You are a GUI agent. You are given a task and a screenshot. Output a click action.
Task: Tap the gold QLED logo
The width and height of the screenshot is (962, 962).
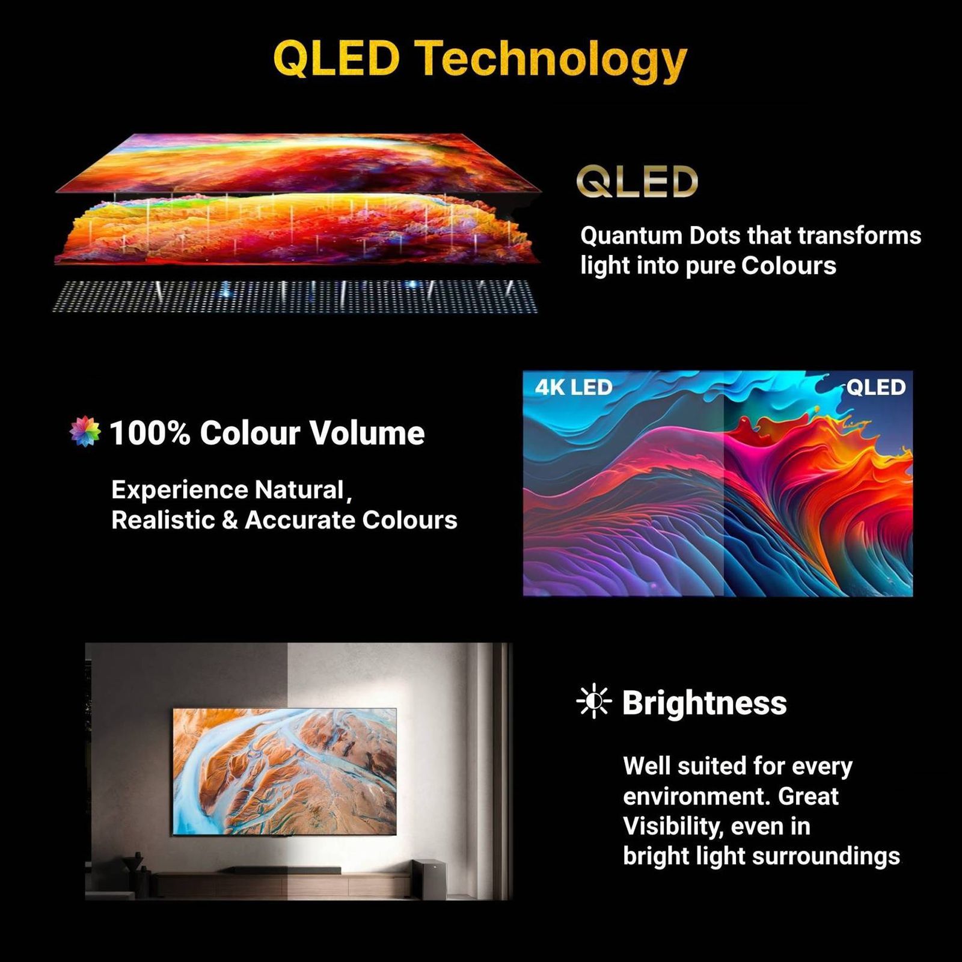pos(637,182)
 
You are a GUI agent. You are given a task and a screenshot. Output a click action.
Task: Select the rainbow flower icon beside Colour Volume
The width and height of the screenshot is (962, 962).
pos(85,431)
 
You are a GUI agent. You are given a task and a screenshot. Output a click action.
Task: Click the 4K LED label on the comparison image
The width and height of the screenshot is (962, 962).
pos(574,388)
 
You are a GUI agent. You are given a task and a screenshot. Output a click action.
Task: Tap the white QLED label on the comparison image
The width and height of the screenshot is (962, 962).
pos(875,387)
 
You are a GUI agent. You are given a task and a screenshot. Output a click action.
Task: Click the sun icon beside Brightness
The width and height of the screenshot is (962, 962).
pos(594,702)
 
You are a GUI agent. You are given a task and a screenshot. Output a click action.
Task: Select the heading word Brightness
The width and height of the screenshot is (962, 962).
pos(704,702)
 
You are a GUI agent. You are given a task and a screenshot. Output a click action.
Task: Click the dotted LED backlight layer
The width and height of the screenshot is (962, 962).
pos(295,296)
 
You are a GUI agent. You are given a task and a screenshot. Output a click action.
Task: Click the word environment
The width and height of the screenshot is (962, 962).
pos(696,797)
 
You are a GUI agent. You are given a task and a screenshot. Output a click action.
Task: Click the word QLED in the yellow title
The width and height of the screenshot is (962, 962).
pos(337,59)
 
